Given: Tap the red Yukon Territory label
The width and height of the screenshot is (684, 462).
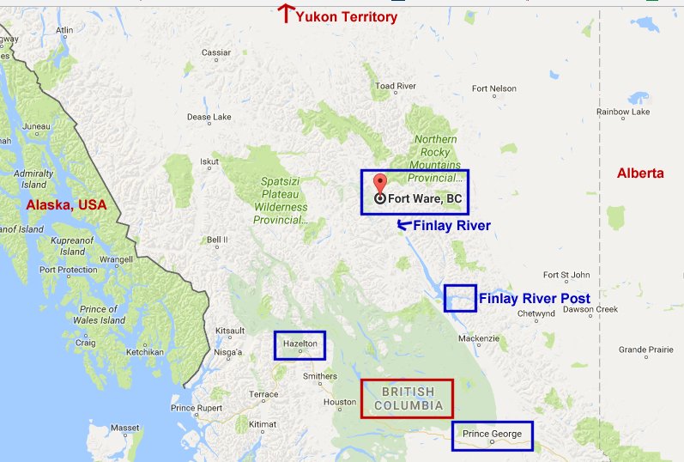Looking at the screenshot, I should click(347, 16).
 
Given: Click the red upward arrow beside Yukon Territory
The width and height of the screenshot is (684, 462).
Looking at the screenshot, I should click(287, 13).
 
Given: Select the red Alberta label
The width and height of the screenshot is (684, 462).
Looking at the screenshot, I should click(640, 173).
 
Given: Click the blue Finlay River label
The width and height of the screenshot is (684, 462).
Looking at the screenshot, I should click(451, 226).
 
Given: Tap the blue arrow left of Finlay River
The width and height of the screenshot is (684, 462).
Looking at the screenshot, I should click(403, 225).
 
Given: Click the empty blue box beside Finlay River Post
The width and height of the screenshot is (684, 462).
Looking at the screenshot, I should click(460, 298).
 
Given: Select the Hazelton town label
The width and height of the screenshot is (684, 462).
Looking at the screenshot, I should click(300, 343).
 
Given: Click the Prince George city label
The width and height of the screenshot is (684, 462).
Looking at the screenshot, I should click(492, 434).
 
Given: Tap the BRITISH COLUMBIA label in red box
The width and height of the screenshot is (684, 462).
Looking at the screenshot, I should click(408, 398).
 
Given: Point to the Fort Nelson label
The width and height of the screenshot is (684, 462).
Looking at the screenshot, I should click(494, 88).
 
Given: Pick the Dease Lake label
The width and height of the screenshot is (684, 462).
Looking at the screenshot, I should click(209, 117).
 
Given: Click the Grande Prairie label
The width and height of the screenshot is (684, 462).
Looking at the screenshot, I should click(647, 350).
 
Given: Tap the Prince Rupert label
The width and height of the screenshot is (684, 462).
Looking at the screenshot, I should click(196, 407).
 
